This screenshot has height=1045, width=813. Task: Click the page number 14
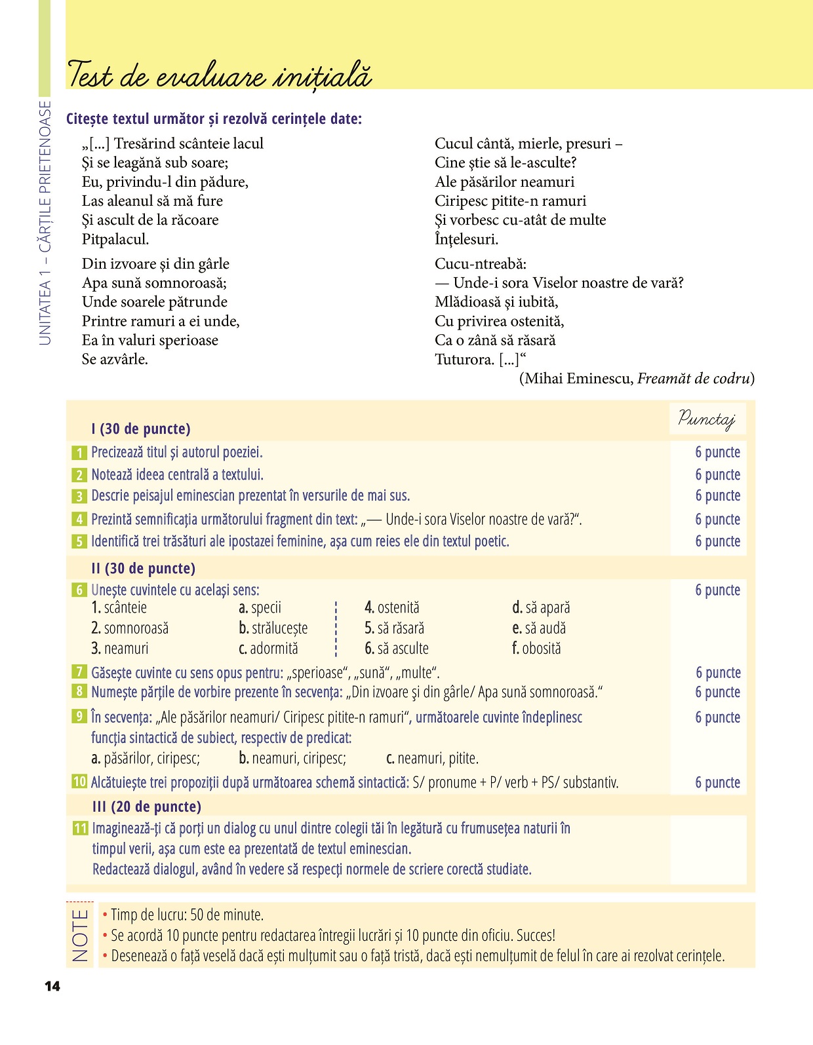52,986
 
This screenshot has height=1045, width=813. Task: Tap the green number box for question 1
79,453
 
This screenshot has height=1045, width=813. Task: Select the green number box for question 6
79,590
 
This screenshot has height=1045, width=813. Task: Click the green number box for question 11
80,829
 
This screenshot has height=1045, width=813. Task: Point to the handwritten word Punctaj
707,419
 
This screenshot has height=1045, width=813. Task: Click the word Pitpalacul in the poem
115,239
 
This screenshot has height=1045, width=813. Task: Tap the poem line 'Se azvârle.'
115,359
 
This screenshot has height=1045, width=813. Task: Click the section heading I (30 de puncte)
141,429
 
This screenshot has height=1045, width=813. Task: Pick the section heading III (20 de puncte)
146,807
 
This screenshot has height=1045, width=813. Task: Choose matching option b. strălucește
273,628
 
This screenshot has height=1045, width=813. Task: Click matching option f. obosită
536,649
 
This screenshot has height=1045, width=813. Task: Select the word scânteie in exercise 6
125,608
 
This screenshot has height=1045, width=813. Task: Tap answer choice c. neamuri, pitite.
432,759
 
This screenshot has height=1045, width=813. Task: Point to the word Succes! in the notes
536,936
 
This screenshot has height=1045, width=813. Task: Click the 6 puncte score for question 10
717,782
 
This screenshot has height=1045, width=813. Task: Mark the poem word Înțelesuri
466,239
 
